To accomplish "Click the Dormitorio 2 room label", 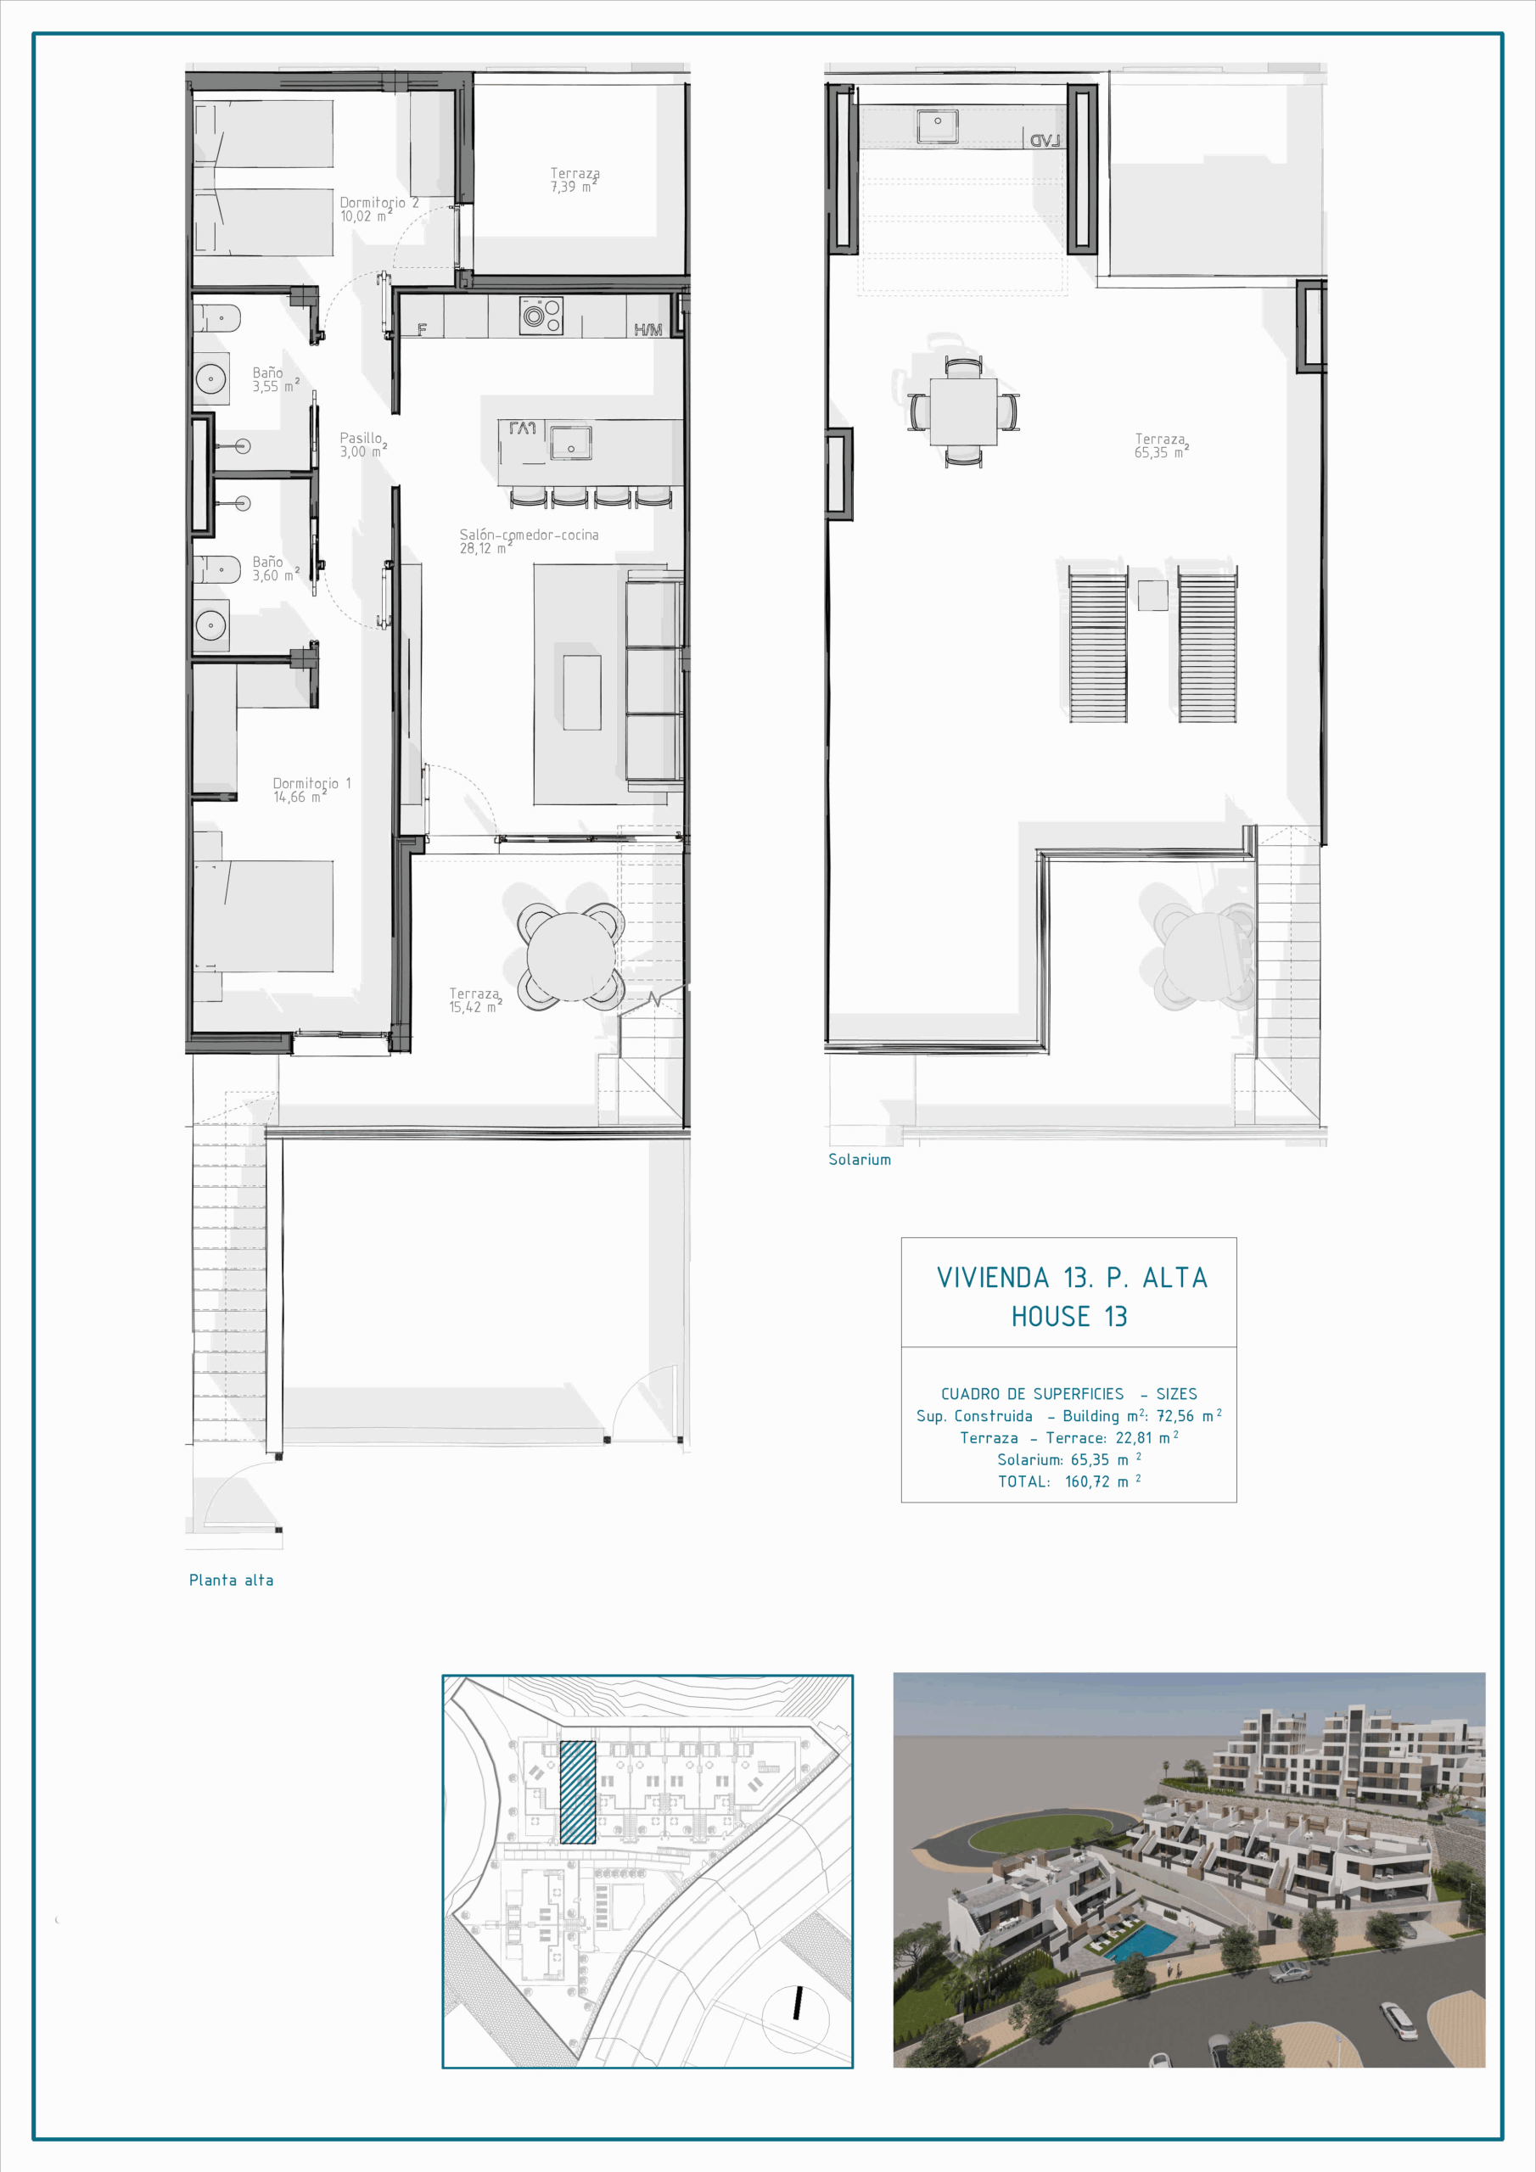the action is tap(378, 209).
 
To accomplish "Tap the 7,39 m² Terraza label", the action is tap(575, 180).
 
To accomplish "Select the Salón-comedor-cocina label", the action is tap(529, 541).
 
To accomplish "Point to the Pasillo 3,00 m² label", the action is tap(363, 445).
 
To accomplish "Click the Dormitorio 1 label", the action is tap(311, 790).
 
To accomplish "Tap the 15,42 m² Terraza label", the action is tap(475, 1000).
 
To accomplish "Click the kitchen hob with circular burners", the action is tap(541, 315).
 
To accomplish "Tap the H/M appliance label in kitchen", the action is tap(648, 329).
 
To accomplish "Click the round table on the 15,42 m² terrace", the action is tap(570, 955).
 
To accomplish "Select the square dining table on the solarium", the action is tap(963, 411).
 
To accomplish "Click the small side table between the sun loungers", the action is tap(1152, 595).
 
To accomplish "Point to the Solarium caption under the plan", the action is tap(860, 1160).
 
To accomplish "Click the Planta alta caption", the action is tap(231, 1580).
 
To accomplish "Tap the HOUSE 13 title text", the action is tap(1068, 1316).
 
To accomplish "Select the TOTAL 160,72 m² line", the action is tap(1069, 1481).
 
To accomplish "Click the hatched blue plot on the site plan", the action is tap(578, 1792).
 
